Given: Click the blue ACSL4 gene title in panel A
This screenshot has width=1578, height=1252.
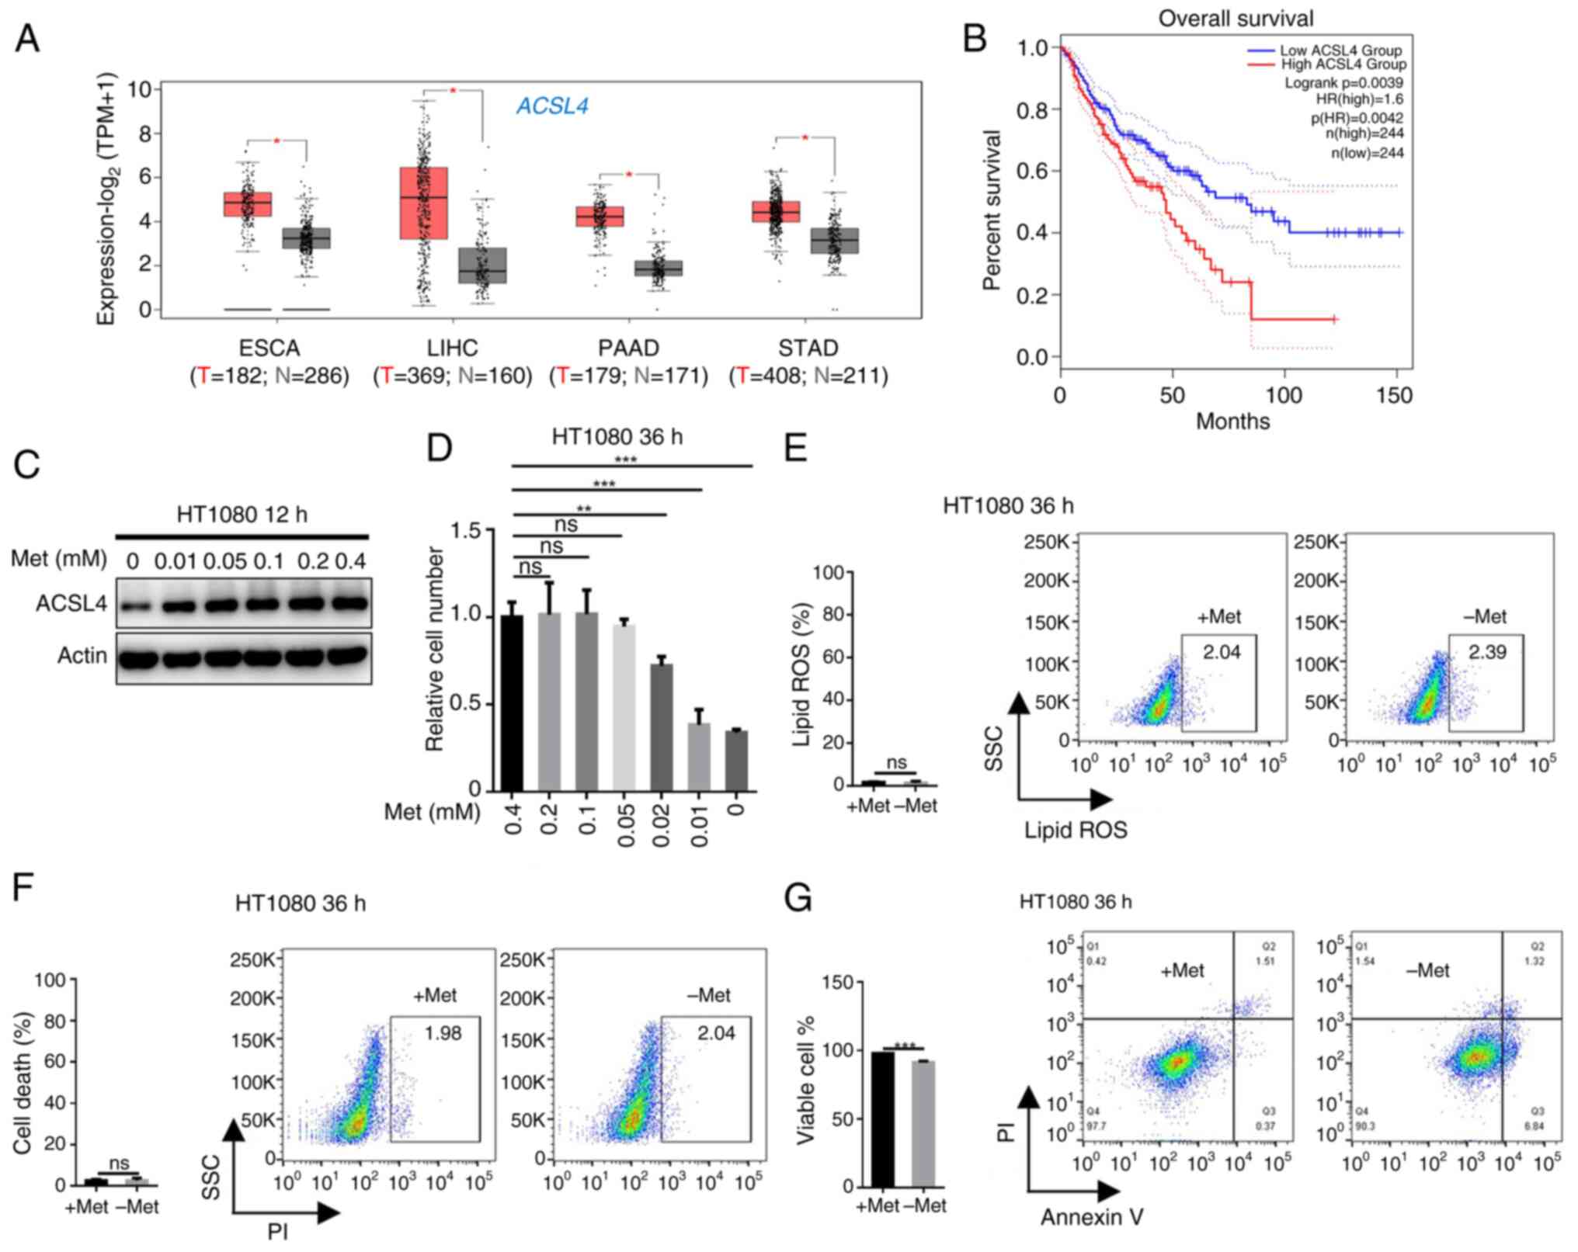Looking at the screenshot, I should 552,106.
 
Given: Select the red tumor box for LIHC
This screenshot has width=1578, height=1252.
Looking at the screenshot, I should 423,203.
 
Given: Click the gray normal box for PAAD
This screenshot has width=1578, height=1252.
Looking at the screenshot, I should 658,268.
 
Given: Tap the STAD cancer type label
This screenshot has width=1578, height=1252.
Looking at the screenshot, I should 808,348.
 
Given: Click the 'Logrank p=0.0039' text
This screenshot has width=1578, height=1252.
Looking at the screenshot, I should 1343,82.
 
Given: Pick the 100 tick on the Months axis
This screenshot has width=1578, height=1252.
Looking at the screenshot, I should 1284,395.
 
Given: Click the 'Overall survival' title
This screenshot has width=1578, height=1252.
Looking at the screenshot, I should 1236,18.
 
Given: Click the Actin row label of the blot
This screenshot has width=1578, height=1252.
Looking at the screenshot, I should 82,656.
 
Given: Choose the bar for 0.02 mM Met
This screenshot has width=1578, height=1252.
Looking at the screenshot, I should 661,727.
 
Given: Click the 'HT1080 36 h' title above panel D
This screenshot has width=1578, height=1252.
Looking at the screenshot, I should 617,437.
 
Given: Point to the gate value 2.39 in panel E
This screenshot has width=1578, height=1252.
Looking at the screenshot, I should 1486,652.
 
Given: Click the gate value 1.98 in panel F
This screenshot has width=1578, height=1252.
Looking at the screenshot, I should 443,1033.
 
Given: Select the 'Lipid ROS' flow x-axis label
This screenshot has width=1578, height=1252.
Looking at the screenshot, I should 1076,831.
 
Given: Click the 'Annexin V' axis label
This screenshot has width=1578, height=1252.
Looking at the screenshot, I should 1092,1217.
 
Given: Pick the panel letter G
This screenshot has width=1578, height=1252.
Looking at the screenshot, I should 798,899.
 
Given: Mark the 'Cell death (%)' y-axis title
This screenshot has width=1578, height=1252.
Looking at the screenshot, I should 23,1082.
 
